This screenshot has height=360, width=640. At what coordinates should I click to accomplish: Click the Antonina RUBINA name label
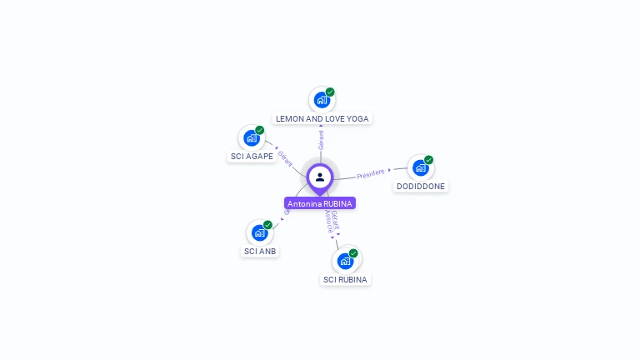(x=320, y=203)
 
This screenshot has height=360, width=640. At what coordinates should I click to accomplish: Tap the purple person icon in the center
(x=320, y=177)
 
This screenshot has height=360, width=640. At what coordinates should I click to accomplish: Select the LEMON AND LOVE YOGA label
(x=322, y=119)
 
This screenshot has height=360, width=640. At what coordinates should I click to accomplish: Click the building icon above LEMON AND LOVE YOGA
(x=322, y=100)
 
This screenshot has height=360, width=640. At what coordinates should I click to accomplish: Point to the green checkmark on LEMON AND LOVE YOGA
(x=330, y=92)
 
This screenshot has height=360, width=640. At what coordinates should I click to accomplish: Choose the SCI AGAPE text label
(x=252, y=156)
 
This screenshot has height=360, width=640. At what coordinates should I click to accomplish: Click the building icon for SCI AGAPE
(x=251, y=138)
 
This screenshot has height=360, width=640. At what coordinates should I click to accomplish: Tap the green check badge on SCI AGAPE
(x=260, y=131)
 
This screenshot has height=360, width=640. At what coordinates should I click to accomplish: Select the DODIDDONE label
(x=421, y=187)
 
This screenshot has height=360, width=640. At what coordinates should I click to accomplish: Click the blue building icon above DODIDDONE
(x=420, y=167)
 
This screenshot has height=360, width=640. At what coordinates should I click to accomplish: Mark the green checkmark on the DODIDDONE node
(x=428, y=160)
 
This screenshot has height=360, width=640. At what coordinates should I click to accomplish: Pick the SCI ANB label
(x=260, y=251)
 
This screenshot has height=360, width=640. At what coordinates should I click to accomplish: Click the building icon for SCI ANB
(x=259, y=232)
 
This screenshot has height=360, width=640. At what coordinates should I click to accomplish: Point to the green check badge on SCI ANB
(x=267, y=225)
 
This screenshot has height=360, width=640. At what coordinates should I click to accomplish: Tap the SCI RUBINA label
(x=345, y=279)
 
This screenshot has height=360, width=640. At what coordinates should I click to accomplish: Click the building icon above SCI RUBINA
(x=345, y=261)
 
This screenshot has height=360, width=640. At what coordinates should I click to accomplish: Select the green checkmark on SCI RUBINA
(x=353, y=253)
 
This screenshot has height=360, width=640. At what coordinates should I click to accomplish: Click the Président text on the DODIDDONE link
(x=370, y=174)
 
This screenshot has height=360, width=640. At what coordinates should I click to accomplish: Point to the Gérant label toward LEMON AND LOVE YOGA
(x=321, y=139)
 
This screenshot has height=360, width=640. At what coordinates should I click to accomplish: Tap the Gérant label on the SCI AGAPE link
(x=285, y=157)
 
